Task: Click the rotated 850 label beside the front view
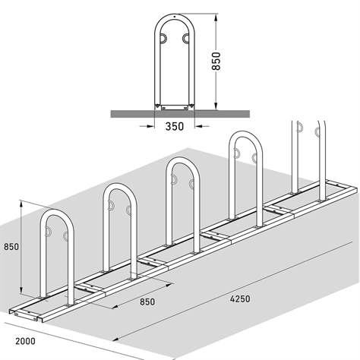[x=216, y=61]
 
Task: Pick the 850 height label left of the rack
[x=11, y=247]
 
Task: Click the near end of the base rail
[x=23, y=311]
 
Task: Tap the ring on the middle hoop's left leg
[x=173, y=181]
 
